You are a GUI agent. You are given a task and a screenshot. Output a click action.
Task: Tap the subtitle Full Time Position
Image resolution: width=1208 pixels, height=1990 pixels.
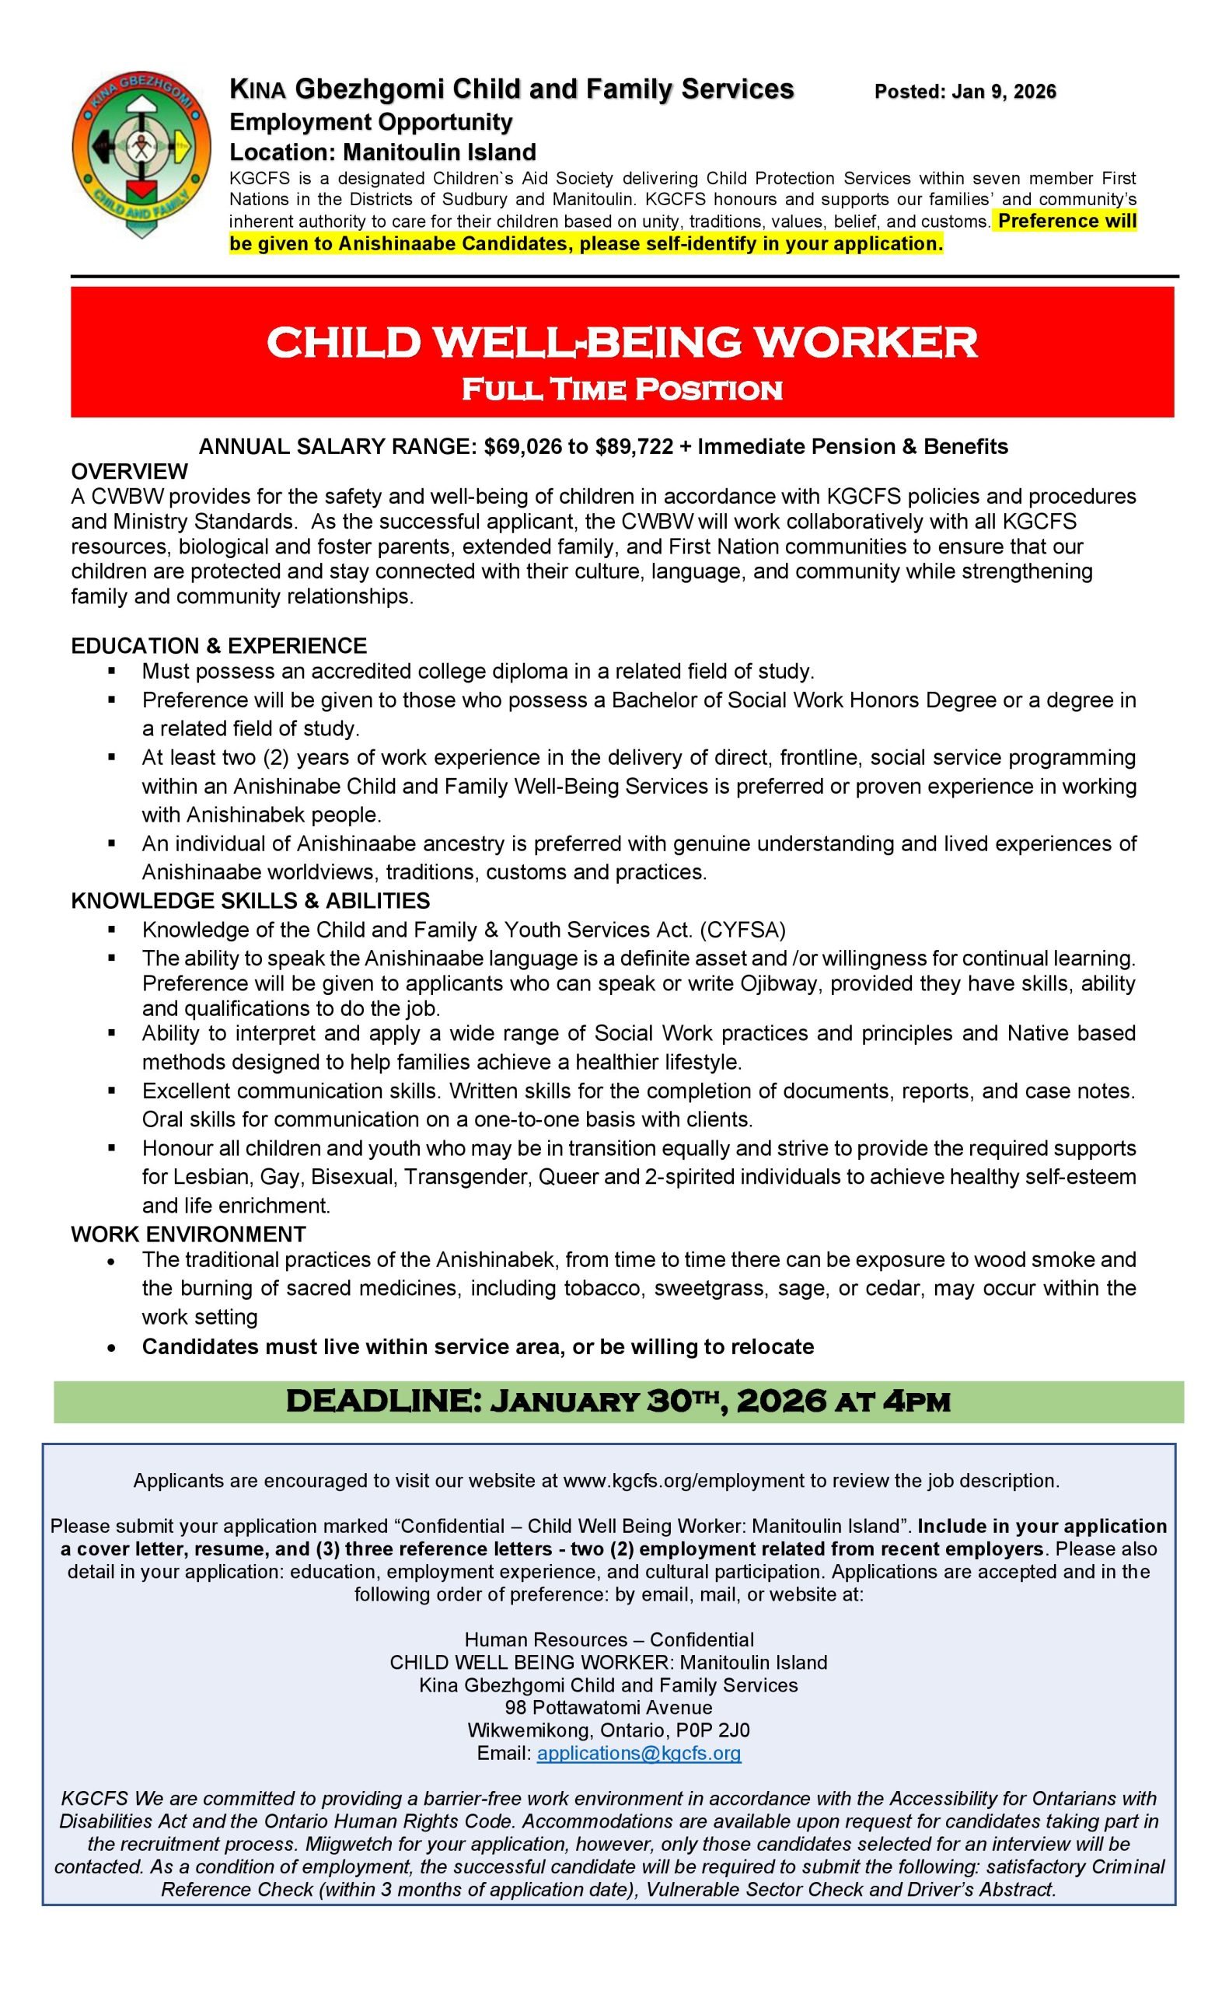point(621,390)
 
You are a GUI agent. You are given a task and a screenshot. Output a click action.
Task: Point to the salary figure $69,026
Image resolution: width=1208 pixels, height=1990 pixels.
point(522,447)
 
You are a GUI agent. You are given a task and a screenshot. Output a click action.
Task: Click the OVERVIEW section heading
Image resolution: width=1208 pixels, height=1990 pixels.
point(129,472)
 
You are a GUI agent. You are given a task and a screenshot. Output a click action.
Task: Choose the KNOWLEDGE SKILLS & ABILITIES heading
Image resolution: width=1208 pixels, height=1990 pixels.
point(250,900)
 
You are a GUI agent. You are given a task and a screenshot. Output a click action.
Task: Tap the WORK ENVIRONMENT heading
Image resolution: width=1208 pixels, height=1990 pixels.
point(188,1234)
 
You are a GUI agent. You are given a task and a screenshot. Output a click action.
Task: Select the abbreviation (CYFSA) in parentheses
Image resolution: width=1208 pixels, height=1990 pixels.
point(742,930)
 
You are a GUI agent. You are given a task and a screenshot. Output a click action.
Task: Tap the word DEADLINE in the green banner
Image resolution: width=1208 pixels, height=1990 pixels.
point(383,1402)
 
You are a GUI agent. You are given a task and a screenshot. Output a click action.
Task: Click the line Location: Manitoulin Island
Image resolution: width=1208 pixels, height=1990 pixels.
point(382,152)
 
